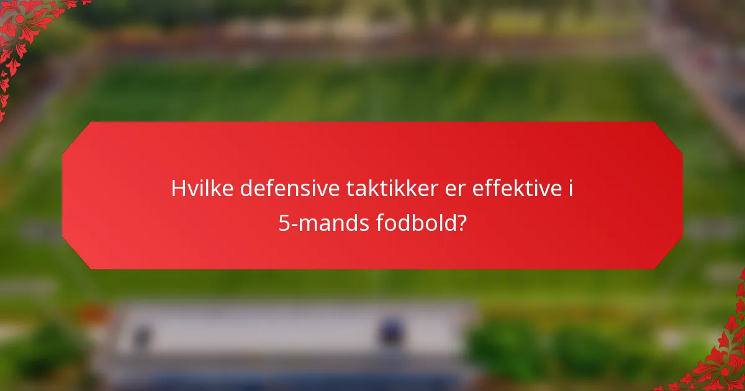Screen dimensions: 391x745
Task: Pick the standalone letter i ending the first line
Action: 569,189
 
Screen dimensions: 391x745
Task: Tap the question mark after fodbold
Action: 462,222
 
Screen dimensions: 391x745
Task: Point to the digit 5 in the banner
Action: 284,222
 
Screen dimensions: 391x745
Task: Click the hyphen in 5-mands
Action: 294,224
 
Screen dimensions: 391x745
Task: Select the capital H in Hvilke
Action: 179,189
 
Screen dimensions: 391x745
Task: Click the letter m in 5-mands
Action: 306,223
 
